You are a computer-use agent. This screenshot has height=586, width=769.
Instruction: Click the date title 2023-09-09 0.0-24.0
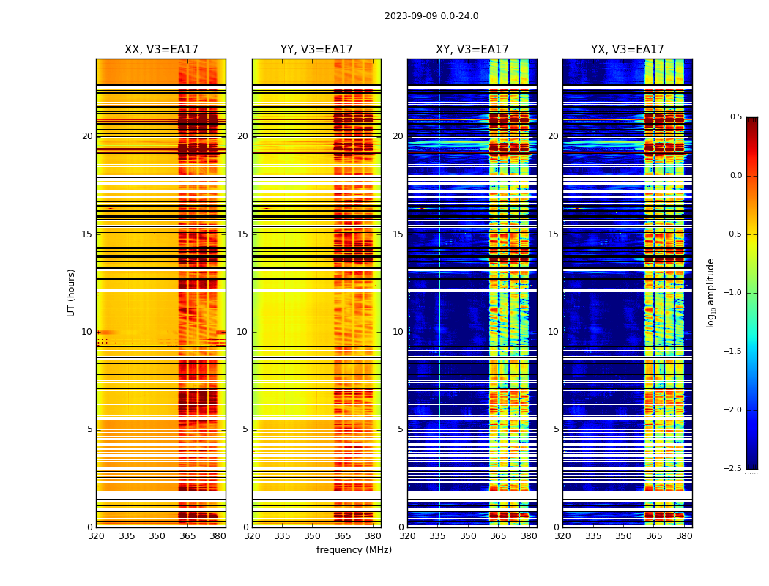[431, 16]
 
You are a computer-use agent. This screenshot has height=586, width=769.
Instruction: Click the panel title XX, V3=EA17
[161, 50]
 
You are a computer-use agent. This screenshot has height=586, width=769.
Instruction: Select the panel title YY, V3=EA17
[316, 50]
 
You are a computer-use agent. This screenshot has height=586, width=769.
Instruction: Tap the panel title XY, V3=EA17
[472, 50]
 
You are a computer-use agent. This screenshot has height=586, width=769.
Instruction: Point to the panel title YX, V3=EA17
[628, 50]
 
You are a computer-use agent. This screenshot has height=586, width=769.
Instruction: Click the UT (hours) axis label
[72, 292]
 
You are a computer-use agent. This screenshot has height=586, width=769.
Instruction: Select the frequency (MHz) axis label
[354, 550]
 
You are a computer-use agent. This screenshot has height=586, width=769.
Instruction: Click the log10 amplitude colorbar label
[710, 292]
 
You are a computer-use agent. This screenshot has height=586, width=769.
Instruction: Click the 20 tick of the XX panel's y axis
[87, 136]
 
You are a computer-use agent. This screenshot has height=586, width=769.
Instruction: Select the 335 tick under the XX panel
[127, 535]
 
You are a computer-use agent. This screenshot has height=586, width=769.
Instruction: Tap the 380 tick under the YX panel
[684, 535]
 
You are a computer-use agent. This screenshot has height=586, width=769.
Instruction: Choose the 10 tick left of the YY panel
[242, 332]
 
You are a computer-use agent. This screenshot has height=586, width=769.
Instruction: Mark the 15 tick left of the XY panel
[398, 234]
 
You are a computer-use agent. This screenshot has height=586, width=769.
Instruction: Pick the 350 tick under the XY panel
[468, 535]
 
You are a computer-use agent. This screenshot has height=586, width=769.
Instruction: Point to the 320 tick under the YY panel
[252, 535]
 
